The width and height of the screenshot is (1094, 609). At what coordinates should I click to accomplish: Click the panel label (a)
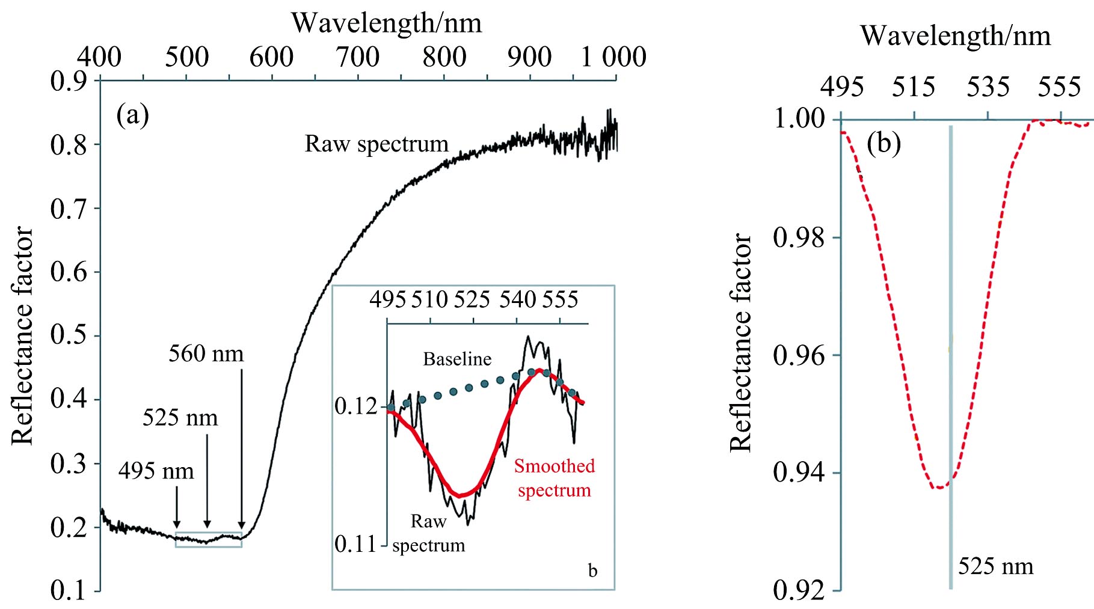(x=132, y=114)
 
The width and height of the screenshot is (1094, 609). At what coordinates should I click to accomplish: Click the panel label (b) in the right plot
(x=883, y=142)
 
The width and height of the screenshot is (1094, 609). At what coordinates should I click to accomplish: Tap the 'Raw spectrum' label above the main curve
(x=376, y=144)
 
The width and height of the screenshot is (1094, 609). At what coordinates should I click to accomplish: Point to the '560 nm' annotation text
(x=206, y=353)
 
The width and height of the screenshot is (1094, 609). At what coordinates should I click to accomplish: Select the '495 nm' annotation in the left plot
(x=156, y=471)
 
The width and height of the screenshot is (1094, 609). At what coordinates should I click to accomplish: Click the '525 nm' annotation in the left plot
(x=180, y=417)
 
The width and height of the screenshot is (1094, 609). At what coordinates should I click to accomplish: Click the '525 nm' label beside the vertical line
(x=995, y=566)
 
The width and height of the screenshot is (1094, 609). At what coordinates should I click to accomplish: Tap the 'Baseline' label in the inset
(x=457, y=359)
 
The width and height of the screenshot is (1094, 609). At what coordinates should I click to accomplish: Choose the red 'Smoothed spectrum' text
(x=554, y=478)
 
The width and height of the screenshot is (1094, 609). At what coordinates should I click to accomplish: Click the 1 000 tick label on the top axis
(x=613, y=57)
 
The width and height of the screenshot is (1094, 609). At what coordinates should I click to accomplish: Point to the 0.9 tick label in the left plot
(x=69, y=81)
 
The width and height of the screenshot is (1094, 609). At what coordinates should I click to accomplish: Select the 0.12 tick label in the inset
(x=355, y=406)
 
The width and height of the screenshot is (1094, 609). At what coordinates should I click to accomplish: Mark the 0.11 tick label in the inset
(x=355, y=544)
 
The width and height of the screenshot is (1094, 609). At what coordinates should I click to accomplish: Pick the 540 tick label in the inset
(x=517, y=299)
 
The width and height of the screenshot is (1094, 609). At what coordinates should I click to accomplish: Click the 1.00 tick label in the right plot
(x=799, y=118)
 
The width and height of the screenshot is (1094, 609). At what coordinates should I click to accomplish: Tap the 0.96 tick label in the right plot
(x=799, y=355)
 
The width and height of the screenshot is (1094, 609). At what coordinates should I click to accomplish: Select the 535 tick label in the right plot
(x=988, y=88)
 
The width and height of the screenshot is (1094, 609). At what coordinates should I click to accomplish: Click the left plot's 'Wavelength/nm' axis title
(x=386, y=23)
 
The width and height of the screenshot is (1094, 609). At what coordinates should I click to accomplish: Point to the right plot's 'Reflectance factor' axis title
(x=740, y=343)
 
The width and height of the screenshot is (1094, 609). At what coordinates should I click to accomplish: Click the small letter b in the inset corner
(x=592, y=571)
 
